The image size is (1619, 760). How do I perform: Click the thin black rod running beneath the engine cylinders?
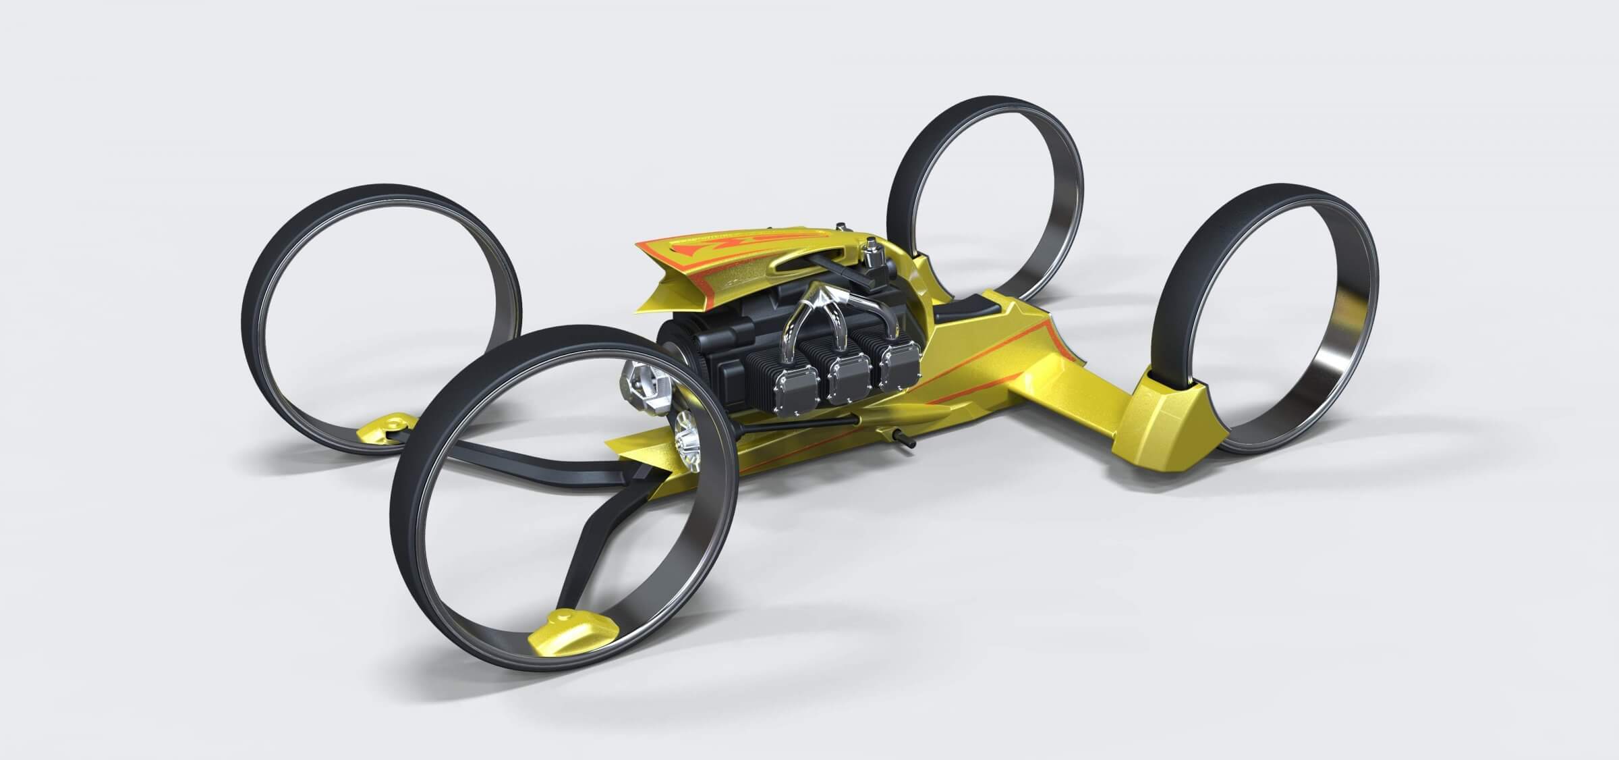pyautogui.click(x=776, y=445)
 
